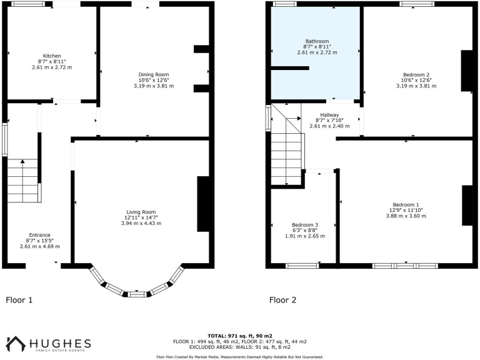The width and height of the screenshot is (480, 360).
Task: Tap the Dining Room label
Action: (x=153, y=74)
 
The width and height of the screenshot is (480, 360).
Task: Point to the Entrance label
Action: (x=39, y=235)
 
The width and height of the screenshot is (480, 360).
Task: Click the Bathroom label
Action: (x=317, y=41)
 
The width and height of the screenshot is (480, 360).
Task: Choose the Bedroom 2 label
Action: (x=416, y=74)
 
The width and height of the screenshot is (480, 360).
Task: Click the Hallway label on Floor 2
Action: (x=329, y=115)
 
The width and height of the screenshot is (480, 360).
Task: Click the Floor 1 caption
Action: (x=19, y=300)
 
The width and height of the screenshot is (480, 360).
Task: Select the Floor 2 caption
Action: (x=282, y=300)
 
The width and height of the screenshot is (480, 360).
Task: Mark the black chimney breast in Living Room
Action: (x=203, y=204)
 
